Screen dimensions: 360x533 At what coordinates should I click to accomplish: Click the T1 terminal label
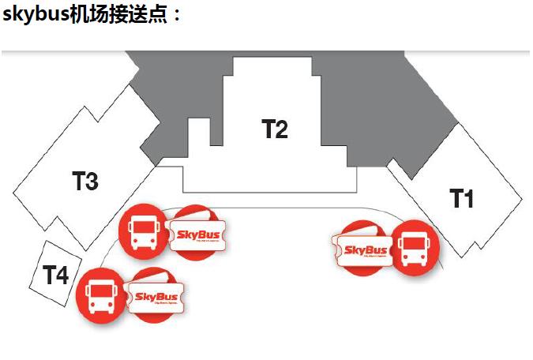tap(462, 198)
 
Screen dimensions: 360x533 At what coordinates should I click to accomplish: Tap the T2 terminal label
tap(275, 129)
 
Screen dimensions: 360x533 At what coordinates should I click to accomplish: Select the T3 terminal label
tap(85, 182)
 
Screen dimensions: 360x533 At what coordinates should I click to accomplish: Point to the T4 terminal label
tap(55, 276)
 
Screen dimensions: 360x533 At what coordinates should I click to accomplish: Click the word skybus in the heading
tap(36, 15)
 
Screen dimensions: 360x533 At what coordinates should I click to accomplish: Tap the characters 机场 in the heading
tap(90, 15)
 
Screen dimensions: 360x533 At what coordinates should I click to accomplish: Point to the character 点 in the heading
tap(160, 15)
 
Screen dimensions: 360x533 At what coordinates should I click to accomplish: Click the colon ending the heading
tap(178, 17)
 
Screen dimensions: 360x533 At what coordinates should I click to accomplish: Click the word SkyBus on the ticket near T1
tap(363, 250)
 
